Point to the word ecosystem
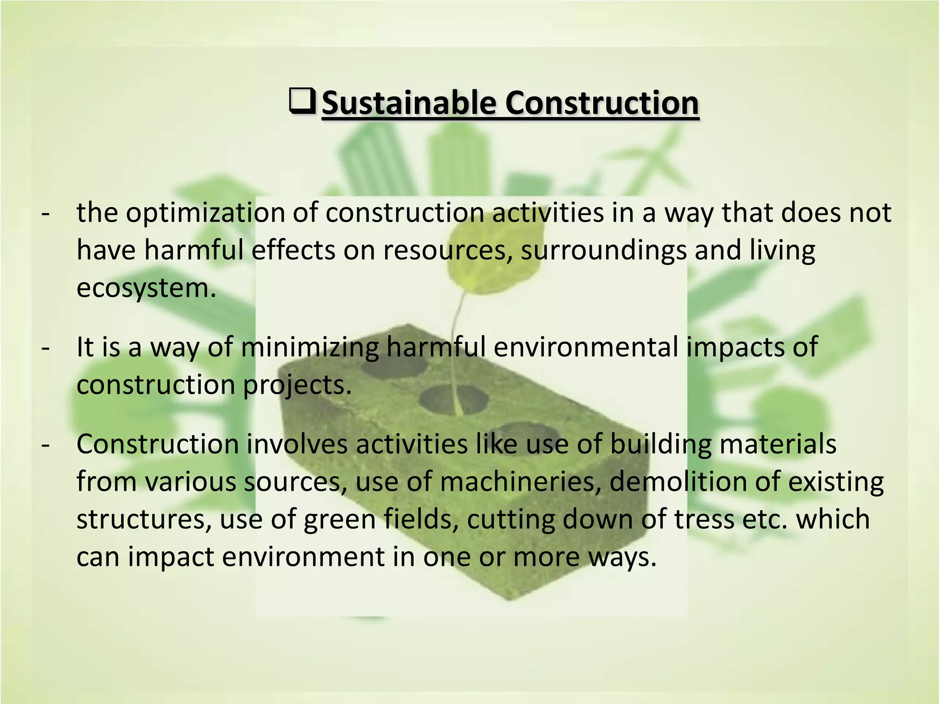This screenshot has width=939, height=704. (x=146, y=288)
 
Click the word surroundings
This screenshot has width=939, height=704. (x=603, y=251)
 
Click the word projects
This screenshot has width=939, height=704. (x=297, y=385)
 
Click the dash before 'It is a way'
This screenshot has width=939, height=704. (x=45, y=348)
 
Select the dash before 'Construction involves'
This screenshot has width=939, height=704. (x=45, y=445)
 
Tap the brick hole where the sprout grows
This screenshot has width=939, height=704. (x=454, y=399)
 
